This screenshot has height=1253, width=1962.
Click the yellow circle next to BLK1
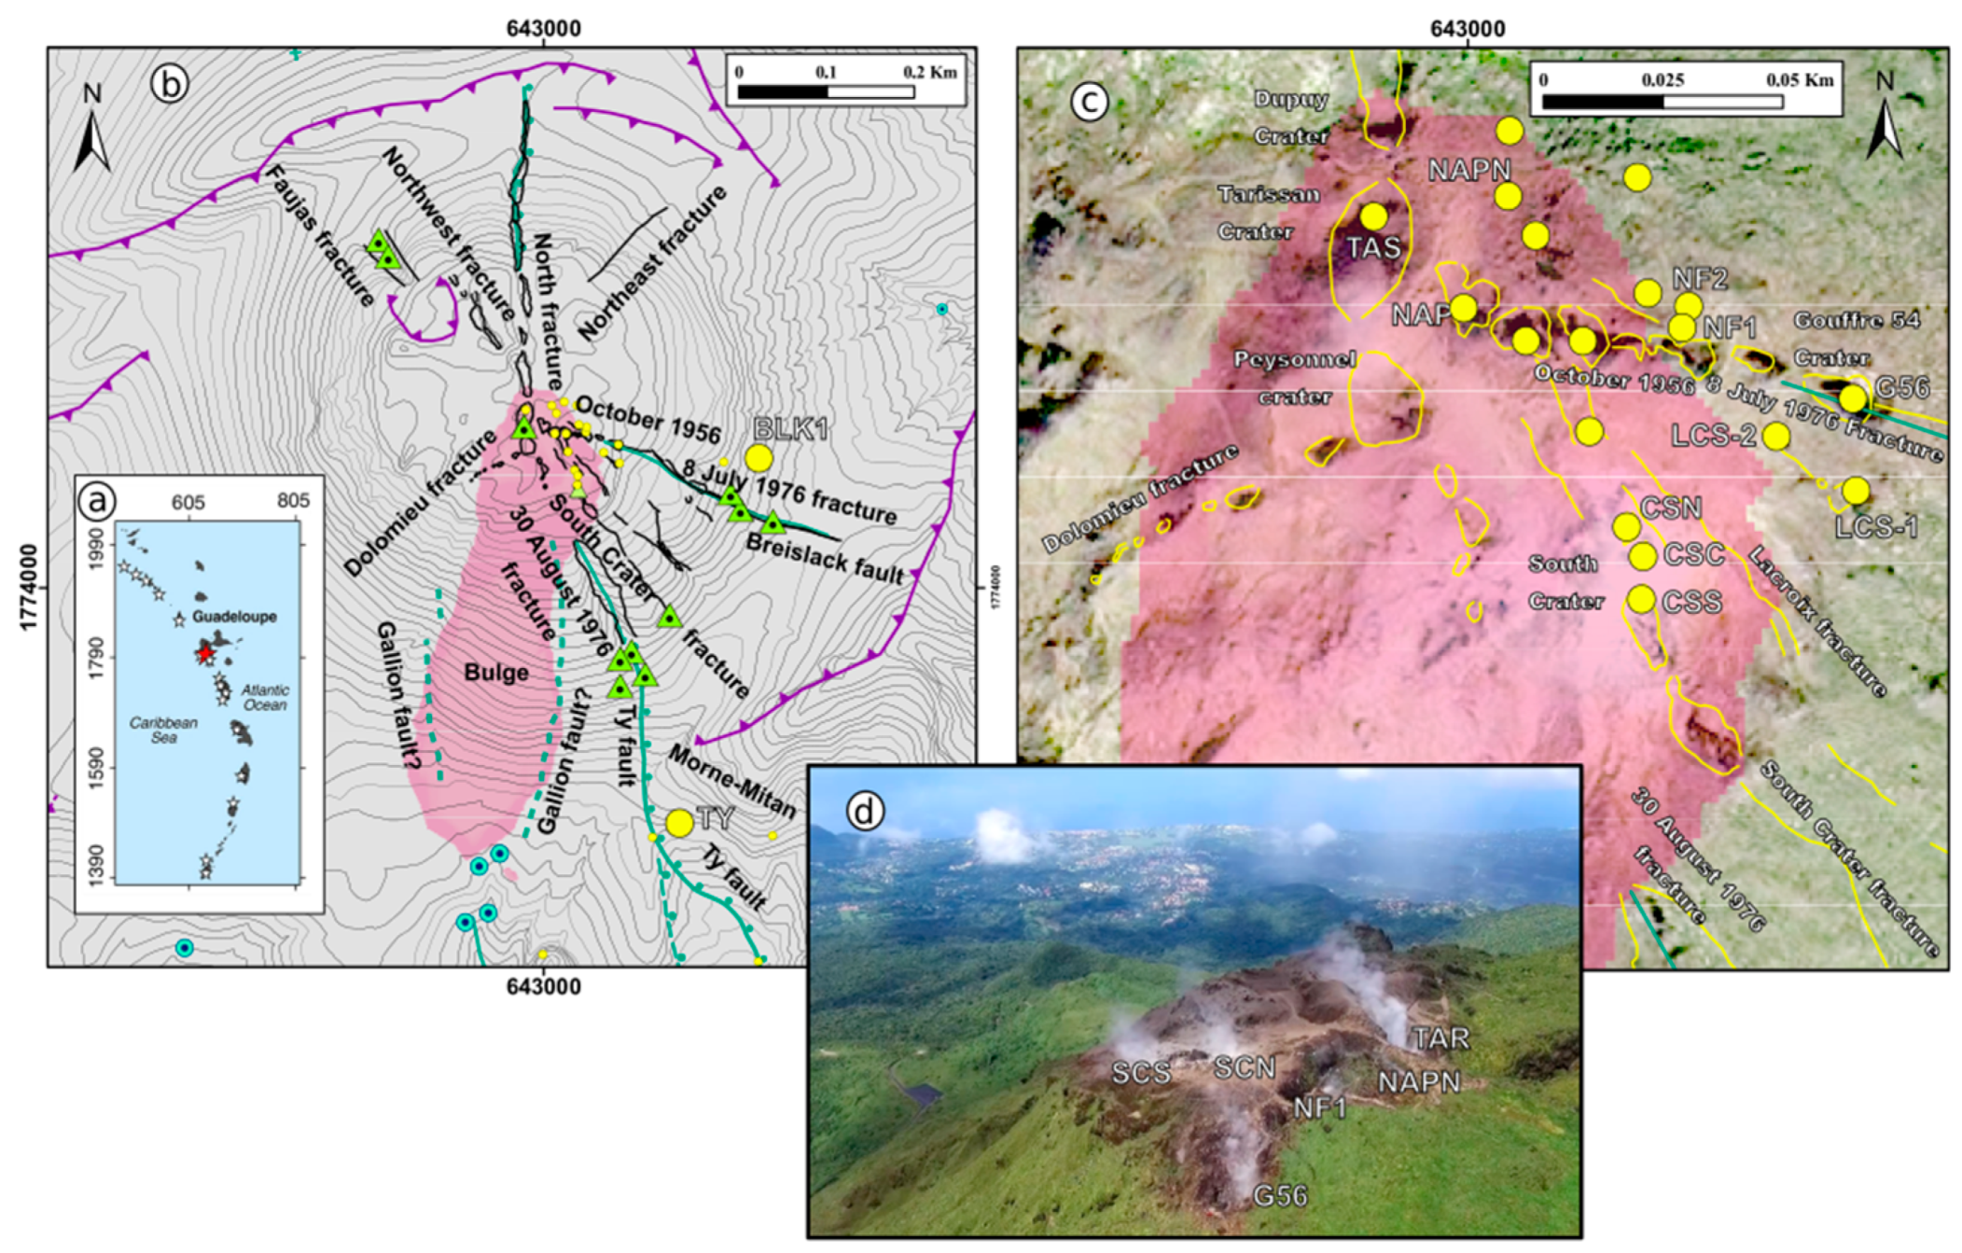click(758, 458)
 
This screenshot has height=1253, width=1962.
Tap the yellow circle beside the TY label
click(679, 823)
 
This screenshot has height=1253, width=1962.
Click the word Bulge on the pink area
click(496, 673)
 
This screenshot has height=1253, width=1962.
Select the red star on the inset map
click(205, 653)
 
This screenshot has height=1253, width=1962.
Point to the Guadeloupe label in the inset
click(234, 617)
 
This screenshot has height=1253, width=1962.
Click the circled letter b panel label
click(169, 84)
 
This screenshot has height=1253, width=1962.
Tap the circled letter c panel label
click(1089, 100)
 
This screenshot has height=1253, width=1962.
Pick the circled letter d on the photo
click(864, 812)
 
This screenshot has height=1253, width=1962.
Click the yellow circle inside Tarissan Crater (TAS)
click(1373, 216)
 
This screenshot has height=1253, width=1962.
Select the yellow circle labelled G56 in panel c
click(1853, 399)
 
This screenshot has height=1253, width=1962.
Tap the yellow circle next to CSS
click(1642, 599)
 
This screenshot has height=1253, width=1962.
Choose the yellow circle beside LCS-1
click(1856, 490)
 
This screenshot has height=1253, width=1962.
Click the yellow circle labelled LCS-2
click(1776, 436)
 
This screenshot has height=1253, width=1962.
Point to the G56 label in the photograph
click(1280, 1195)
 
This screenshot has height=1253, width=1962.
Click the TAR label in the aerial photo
click(1440, 1038)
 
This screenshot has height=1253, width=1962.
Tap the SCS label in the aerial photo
click(1140, 1073)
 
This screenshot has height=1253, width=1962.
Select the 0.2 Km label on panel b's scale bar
click(929, 72)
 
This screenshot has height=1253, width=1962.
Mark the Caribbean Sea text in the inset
click(163, 730)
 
